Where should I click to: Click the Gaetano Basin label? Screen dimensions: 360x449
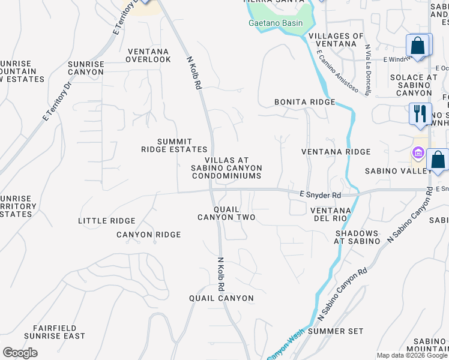276,23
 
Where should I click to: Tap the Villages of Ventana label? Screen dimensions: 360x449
336,41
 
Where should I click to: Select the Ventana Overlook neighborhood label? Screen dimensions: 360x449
148,55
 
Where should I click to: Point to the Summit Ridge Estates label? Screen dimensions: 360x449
174,145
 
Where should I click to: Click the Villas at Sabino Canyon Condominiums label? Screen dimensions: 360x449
226,168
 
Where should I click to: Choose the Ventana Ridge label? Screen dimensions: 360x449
336,152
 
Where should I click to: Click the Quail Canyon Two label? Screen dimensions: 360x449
226,213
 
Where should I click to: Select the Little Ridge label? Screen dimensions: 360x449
107,221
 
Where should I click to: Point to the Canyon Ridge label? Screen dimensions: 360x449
148,235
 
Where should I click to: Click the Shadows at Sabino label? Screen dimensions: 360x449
357,237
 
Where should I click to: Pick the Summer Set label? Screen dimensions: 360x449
335,331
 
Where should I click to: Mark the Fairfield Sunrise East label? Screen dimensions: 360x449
55,332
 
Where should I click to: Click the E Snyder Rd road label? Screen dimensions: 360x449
320,196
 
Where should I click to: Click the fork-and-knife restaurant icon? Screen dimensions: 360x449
420,113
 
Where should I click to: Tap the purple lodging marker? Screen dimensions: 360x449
418,150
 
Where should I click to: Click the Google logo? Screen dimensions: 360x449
20,353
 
